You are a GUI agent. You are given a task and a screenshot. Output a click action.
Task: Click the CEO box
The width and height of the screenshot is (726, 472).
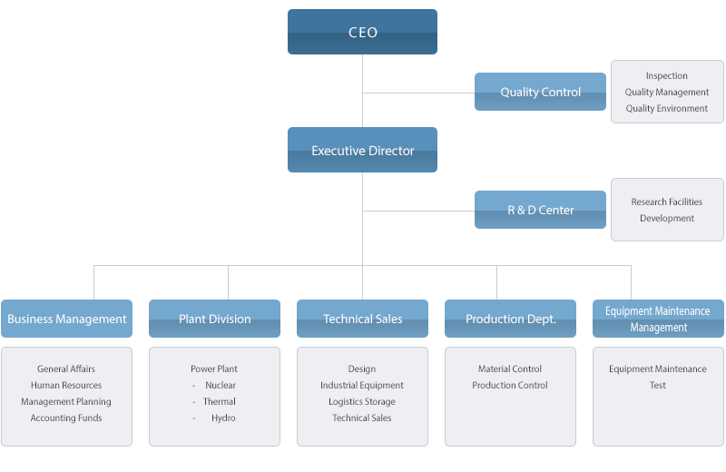point(362,32)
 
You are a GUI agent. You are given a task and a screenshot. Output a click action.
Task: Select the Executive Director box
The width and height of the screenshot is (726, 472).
point(362,150)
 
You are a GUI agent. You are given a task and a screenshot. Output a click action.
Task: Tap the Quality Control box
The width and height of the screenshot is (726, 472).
point(540,92)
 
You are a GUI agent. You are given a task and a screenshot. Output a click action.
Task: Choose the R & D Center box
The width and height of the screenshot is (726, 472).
point(540,210)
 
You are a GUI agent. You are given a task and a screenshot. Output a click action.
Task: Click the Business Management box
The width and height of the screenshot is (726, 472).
point(66,319)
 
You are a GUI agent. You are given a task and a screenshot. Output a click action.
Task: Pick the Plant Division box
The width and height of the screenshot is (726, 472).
point(214,319)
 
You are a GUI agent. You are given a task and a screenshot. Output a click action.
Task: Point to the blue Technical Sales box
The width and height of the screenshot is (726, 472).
point(362,319)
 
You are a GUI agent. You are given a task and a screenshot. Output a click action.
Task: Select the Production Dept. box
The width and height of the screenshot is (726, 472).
point(510,319)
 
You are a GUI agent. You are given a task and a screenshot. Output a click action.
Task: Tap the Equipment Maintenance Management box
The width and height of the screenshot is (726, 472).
point(658,319)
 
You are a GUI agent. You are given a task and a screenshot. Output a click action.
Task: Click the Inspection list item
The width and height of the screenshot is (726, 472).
point(667,76)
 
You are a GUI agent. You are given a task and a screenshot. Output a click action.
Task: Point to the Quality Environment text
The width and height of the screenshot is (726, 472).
point(667,109)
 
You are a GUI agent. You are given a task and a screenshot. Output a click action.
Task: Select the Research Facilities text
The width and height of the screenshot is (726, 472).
point(667,202)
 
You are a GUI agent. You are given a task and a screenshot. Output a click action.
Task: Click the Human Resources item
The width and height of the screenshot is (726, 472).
point(66,386)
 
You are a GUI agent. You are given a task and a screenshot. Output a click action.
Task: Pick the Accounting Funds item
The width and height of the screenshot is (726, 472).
point(66,418)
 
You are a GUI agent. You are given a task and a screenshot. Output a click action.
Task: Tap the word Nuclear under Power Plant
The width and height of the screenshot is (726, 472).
point(221,386)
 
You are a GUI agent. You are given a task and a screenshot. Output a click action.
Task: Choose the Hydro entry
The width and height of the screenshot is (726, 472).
point(223,418)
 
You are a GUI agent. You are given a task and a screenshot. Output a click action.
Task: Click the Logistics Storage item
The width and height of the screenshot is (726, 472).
point(362,402)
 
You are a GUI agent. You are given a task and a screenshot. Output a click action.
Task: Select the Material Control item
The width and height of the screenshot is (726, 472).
point(510,369)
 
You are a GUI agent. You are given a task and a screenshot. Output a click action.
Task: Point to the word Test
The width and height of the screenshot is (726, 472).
point(658,386)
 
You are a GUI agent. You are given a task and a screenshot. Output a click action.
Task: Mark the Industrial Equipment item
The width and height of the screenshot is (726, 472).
point(362,386)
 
